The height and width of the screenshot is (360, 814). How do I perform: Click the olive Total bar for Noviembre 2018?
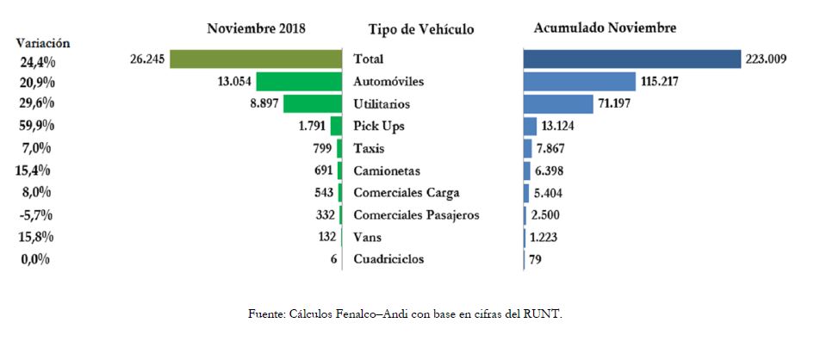click(x=256, y=59)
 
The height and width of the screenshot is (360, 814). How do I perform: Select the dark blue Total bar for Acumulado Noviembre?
click(x=631, y=59)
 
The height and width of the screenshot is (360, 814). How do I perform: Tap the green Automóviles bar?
click(x=300, y=82)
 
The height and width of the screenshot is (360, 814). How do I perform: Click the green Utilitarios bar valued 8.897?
click(x=313, y=104)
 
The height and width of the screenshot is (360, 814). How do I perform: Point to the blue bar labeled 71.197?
click(x=557, y=104)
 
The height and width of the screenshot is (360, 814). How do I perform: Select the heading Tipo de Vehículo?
click(x=420, y=30)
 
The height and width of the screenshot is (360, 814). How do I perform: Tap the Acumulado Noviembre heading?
click(x=605, y=28)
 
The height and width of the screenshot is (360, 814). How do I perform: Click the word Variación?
click(x=42, y=43)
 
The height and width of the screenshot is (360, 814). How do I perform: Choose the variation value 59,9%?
click(x=38, y=126)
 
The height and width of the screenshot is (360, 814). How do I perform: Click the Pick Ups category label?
click(x=379, y=127)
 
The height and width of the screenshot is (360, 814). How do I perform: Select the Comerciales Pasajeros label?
click(x=416, y=214)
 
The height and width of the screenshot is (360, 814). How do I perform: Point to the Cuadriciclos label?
click(x=388, y=258)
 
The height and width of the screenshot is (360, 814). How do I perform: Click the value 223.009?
click(x=767, y=59)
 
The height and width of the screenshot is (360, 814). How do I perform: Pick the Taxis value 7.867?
click(x=556, y=148)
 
